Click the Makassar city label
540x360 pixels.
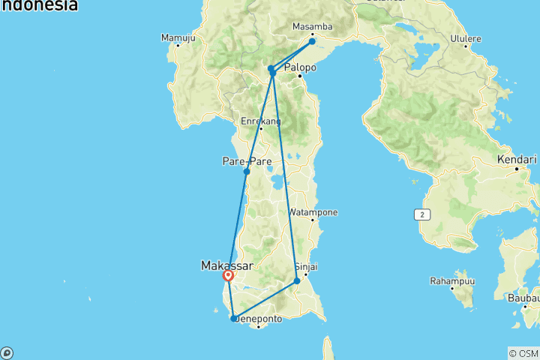point(226,265)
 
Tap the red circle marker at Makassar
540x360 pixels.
point(228,276)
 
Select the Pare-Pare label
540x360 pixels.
point(241,161)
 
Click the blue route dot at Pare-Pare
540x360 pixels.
point(247,172)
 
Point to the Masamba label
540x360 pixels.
point(311,27)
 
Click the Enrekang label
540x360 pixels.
point(260,121)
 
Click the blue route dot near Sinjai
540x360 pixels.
point(297,281)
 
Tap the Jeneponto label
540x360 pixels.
point(259,319)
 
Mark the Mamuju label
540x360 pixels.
point(178,37)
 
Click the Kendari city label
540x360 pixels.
point(517,160)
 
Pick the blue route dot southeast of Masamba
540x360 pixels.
point(312,41)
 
